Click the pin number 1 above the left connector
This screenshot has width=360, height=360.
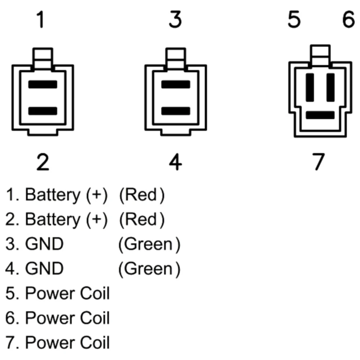tap(41, 20)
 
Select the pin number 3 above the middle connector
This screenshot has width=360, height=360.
tap(175, 20)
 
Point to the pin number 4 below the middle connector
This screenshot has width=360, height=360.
tap(175, 163)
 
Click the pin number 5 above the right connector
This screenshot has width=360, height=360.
tap(294, 20)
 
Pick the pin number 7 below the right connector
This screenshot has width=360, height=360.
tap(318, 162)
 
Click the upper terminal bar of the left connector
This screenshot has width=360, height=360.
tap(43, 85)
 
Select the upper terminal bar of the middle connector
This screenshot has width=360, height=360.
tap(176, 85)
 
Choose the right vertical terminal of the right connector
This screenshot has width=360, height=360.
tap(330, 87)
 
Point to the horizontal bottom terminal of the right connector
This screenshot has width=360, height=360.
tap(320, 115)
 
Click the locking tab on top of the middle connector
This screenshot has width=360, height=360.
tap(176, 58)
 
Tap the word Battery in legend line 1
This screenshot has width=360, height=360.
tap(53, 195)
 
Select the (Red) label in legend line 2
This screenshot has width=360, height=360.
tap(141, 220)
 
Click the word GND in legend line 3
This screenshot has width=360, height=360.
tap(44, 244)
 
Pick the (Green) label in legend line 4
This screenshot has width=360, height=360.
tap(149, 269)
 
